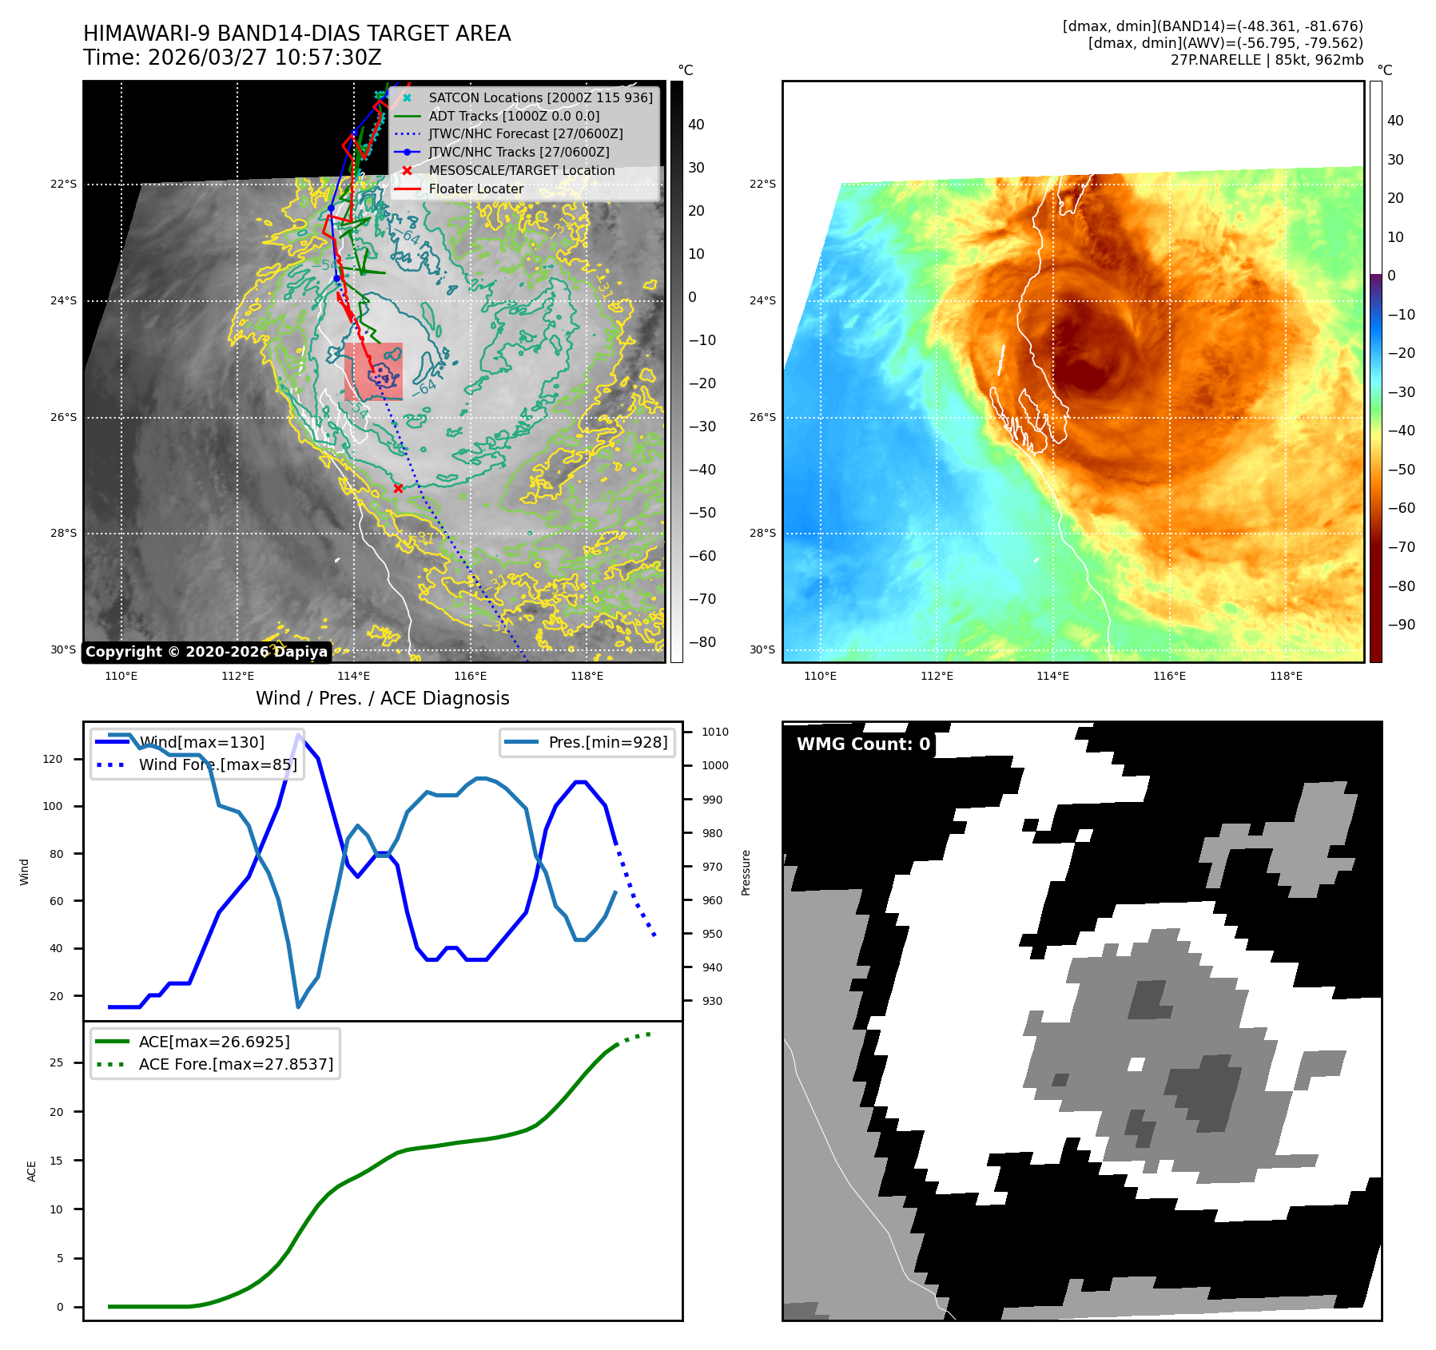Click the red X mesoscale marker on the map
pos(398,488)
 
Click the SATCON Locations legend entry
pos(540,97)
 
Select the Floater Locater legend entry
pos(475,189)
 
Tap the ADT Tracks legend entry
pos(514,116)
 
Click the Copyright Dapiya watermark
pos(206,652)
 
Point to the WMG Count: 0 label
pos(863,744)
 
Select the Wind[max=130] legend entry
pos(201,742)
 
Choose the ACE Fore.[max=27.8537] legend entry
pos(236,1064)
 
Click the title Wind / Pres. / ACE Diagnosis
pos(382,698)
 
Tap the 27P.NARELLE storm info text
pos(1267,60)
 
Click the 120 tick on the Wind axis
pos(53,759)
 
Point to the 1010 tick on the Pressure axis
pos(714,732)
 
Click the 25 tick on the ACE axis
pos(57,1062)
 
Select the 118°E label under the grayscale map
pos(587,676)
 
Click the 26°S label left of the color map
pos(762,417)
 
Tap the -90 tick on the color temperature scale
pos(1401,625)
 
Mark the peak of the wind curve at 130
pos(299,734)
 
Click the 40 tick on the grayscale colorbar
pos(696,125)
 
